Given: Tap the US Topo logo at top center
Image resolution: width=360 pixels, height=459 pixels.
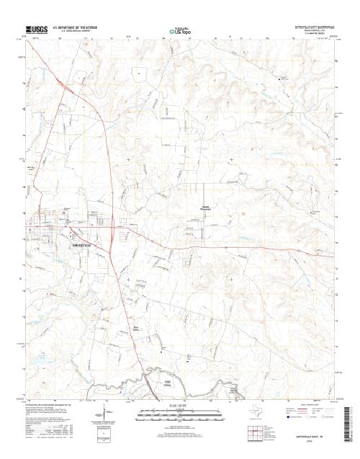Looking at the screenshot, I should point(179,31).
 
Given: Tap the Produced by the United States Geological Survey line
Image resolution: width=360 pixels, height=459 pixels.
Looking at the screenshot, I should point(54,407).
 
